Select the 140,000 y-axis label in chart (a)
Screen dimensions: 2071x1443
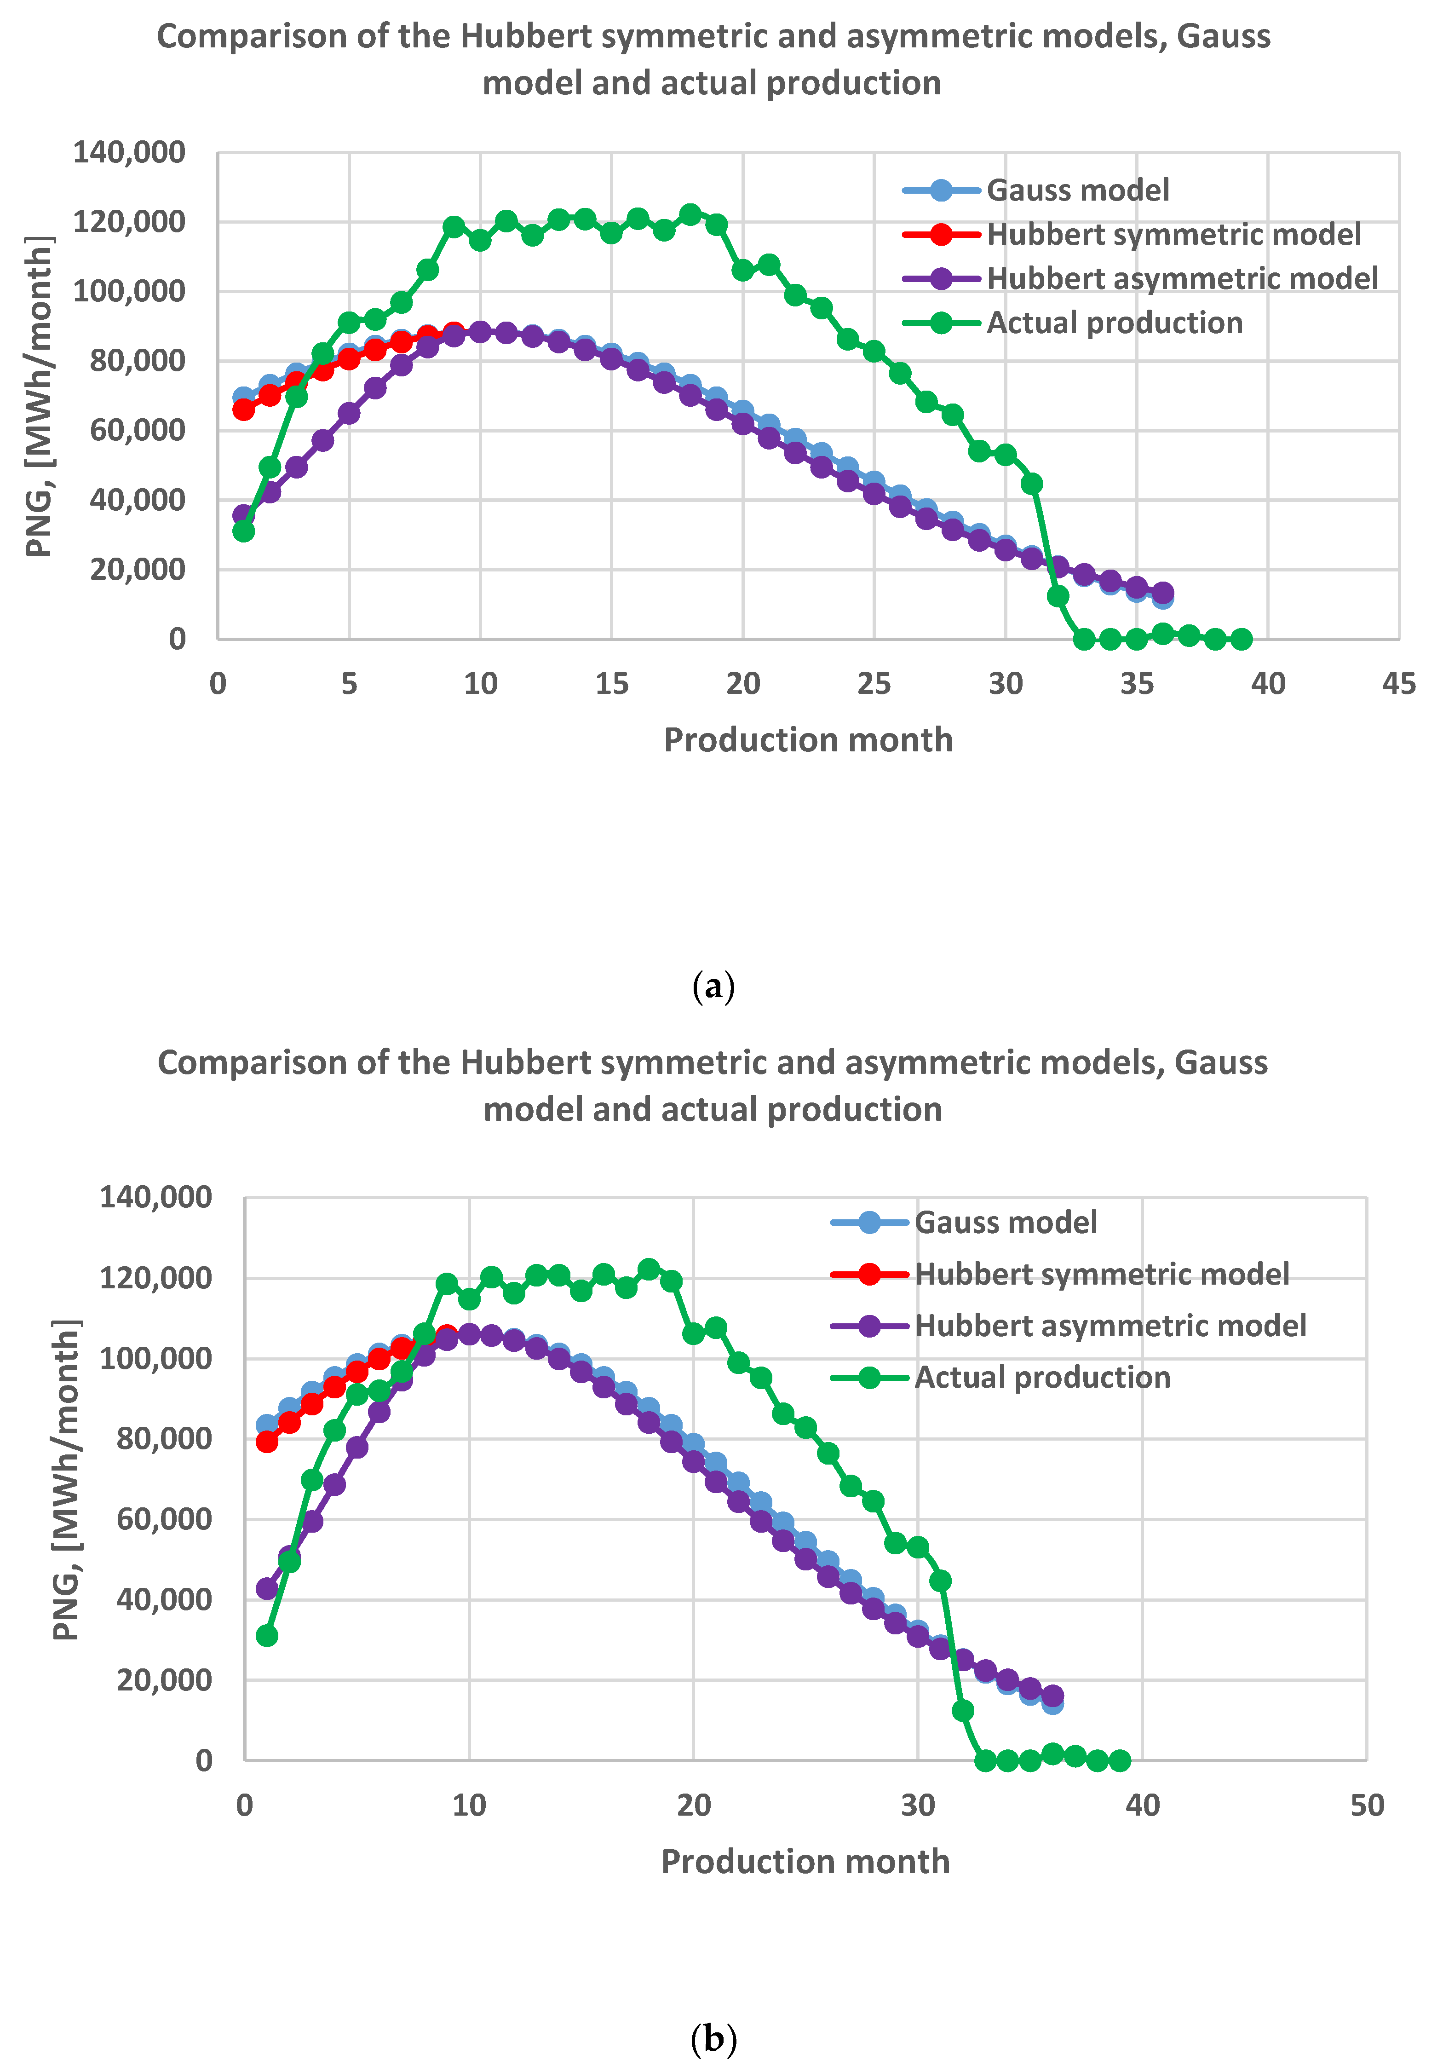point(129,152)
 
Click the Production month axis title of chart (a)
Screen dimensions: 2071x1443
point(808,740)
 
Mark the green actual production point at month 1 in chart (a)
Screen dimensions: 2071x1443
point(243,531)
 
